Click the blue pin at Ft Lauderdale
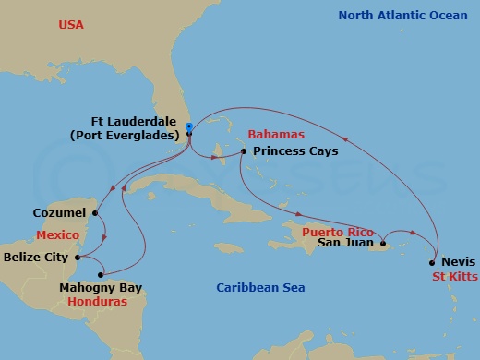pyautogui.click(x=188, y=127)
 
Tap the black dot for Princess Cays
pyautogui.click(x=243, y=150)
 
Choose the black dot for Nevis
pyautogui.click(x=431, y=262)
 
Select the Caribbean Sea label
pyautogui.click(x=260, y=288)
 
